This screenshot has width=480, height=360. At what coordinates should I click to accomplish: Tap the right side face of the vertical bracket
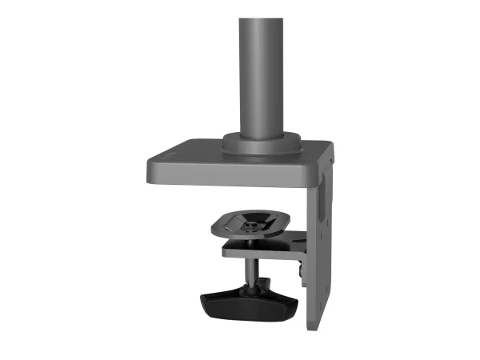point(325,240)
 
